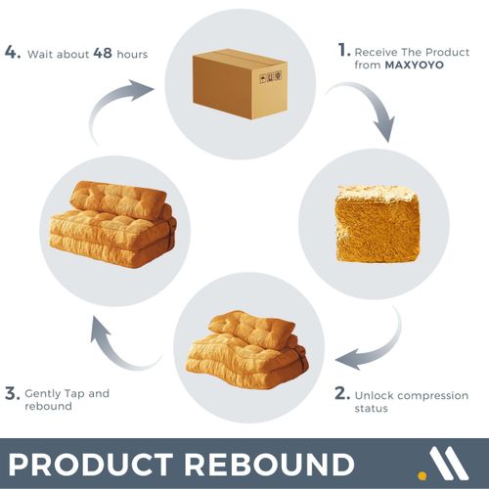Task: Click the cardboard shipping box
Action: point(240,84)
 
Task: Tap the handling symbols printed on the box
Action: point(270,77)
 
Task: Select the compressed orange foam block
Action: point(378,224)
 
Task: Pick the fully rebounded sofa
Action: point(112,224)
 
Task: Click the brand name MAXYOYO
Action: point(415,65)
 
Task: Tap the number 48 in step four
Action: point(103,53)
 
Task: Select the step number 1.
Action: point(343,50)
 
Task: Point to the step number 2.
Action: point(342,393)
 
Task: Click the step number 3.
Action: point(13,393)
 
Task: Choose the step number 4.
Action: point(13,52)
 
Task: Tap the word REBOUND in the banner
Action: point(270,465)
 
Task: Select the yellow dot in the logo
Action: point(422,475)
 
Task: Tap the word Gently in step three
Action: point(43,394)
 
